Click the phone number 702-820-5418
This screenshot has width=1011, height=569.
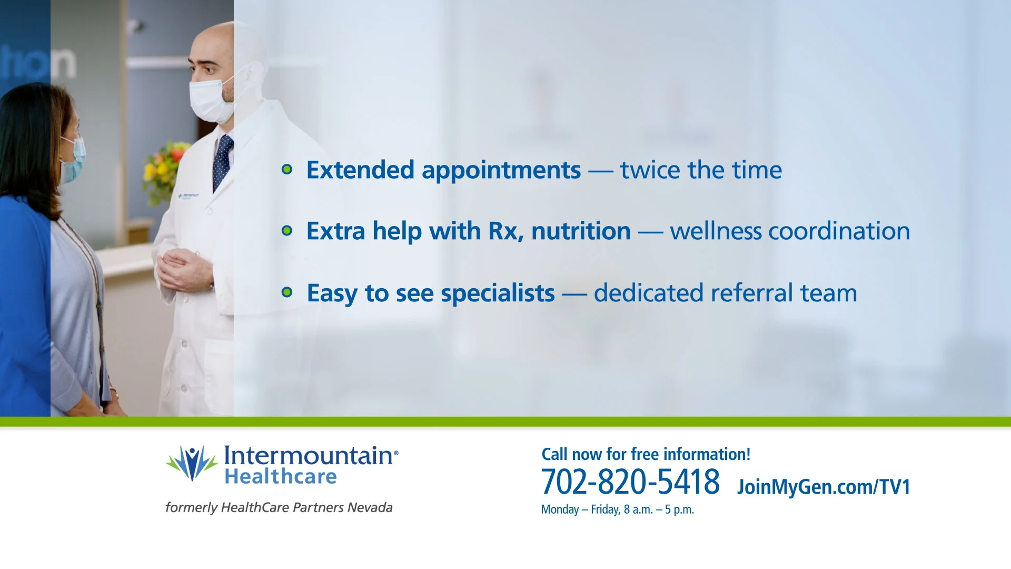[630, 482]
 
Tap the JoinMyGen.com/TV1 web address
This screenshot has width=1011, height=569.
[824, 487]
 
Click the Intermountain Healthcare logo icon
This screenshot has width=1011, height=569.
[192, 463]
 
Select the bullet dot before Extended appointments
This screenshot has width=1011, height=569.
[287, 169]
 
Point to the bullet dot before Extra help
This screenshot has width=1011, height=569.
[287, 231]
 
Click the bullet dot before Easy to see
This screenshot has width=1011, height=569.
[287, 292]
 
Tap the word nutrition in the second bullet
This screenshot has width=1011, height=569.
[581, 231]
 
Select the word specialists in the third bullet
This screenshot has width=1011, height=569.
[498, 293]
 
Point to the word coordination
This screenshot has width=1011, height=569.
[839, 231]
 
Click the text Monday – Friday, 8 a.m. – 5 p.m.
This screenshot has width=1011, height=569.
[618, 509]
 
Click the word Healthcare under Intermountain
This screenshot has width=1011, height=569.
[281, 476]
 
